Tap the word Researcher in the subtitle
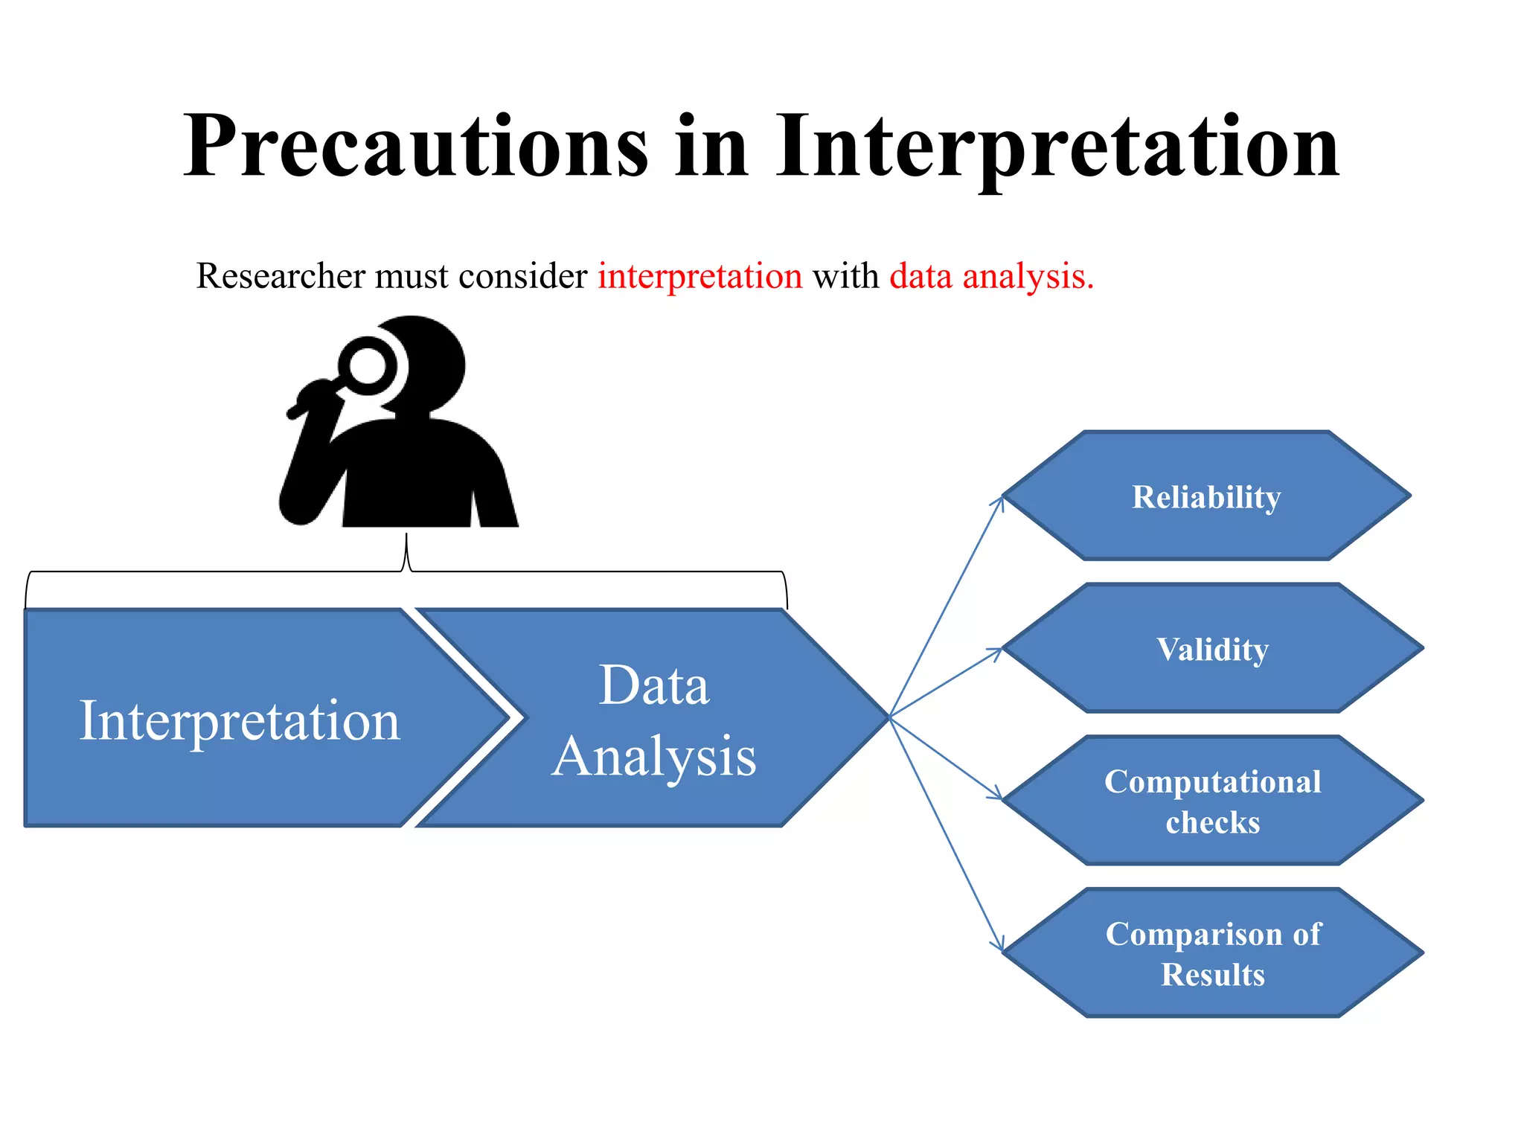click(x=281, y=276)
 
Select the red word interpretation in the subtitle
click(x=699, y=276)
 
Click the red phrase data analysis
click(x=991, y=276)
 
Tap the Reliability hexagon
click(x=1206, y=496)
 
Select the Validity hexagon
click(x=1212, y=648)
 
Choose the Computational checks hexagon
click(x=1212, y=801)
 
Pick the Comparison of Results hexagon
click(x=1212, y=953)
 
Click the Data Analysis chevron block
click(x=655, y=719)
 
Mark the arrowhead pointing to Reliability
click(x=1000, y=502)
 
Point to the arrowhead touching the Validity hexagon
click(x=997, y=652)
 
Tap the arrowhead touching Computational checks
click(x=996, y=795)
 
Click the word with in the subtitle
click(x=846, y=276)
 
